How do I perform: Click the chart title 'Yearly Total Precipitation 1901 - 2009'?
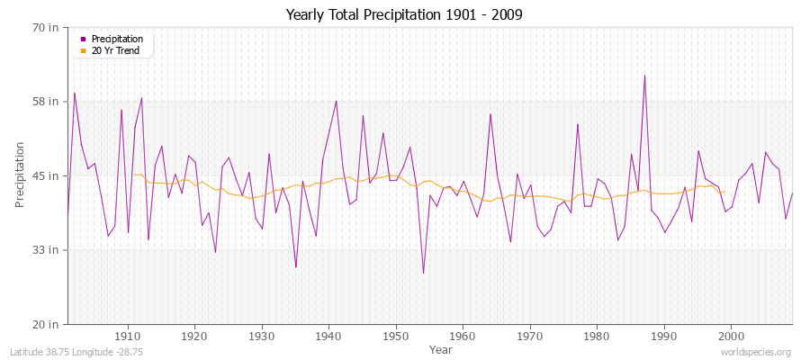pos(404,14)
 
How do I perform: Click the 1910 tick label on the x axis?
pos(128,336)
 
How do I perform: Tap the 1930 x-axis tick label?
pos(262,336)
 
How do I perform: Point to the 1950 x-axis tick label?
pos(396,336)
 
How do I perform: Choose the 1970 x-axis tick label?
pos(530,336)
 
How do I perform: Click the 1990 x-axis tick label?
pos(664,336)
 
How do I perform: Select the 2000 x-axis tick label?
pos(731,336)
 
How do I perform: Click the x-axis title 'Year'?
pos(441,348)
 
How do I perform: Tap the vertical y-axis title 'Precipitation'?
pos(20,175)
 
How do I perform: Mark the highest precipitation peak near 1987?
pos(644,76)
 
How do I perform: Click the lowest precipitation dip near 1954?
pos(423,273)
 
